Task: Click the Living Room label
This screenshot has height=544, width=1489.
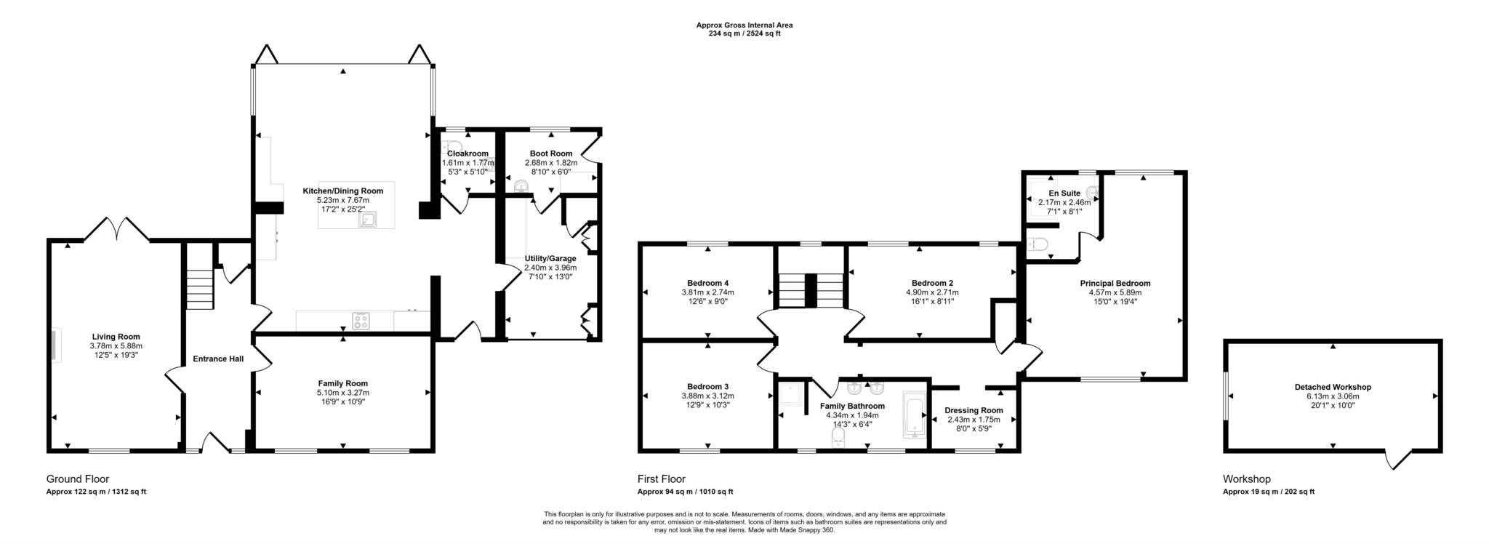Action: click(x=116, y=337)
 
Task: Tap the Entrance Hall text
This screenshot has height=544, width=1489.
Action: click(x=218, y=359)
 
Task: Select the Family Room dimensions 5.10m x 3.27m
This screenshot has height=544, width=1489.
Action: click(x=342, y=393)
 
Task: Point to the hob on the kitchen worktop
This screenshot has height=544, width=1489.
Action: click(x=361, y=321)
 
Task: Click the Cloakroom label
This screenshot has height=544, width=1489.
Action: click(x=467, y=153)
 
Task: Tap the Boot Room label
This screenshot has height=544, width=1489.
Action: click(x=550, y=153)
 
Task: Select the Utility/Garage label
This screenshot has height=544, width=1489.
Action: click(x=550, y=258)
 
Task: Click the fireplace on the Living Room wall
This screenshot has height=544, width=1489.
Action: click(x=56, y=344)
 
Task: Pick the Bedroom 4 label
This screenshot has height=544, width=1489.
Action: click(x=707, y=283)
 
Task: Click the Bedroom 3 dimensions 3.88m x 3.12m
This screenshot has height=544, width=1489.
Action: click(x=707, y=396)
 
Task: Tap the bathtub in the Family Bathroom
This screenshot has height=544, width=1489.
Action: click(x=913, y=415)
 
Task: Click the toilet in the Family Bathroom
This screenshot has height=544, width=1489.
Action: click(x=838, y=437)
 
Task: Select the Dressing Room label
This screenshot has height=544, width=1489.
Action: click(x=974, y=410)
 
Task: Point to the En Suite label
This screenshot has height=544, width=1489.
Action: click(x=1064, y=193)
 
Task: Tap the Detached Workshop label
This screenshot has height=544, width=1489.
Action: click(x=1333, y=387)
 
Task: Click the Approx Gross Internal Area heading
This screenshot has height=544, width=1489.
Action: click(x=744, y=25)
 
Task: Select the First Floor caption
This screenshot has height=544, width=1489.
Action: click(x=661, y=479)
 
